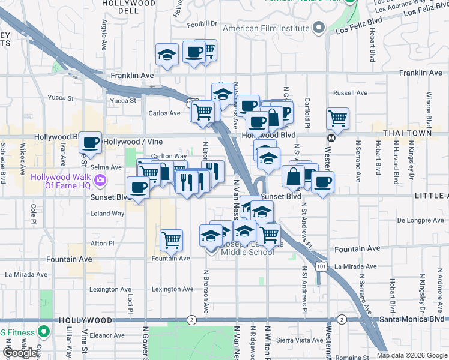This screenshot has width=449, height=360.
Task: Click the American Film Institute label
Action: [x=266, y=28]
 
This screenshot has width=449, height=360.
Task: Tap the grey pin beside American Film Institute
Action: [x=318, y=28]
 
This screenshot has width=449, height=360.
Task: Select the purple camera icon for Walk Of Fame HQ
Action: [x=100, y=179]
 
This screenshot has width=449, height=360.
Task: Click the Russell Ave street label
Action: [x=350, y=93]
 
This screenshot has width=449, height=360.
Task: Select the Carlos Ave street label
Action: [x=164, y=113]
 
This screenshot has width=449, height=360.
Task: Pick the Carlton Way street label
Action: [x=169, y=156]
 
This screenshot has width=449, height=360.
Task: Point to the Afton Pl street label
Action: [x=102, y=243]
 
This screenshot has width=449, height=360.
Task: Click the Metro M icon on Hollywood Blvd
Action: [x=330, y=137]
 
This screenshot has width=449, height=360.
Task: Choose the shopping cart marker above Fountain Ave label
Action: [x=172, y=240]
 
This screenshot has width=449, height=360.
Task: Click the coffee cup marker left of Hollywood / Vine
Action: [x=91, y=143]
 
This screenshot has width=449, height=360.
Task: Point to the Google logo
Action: [x=20, y=353]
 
